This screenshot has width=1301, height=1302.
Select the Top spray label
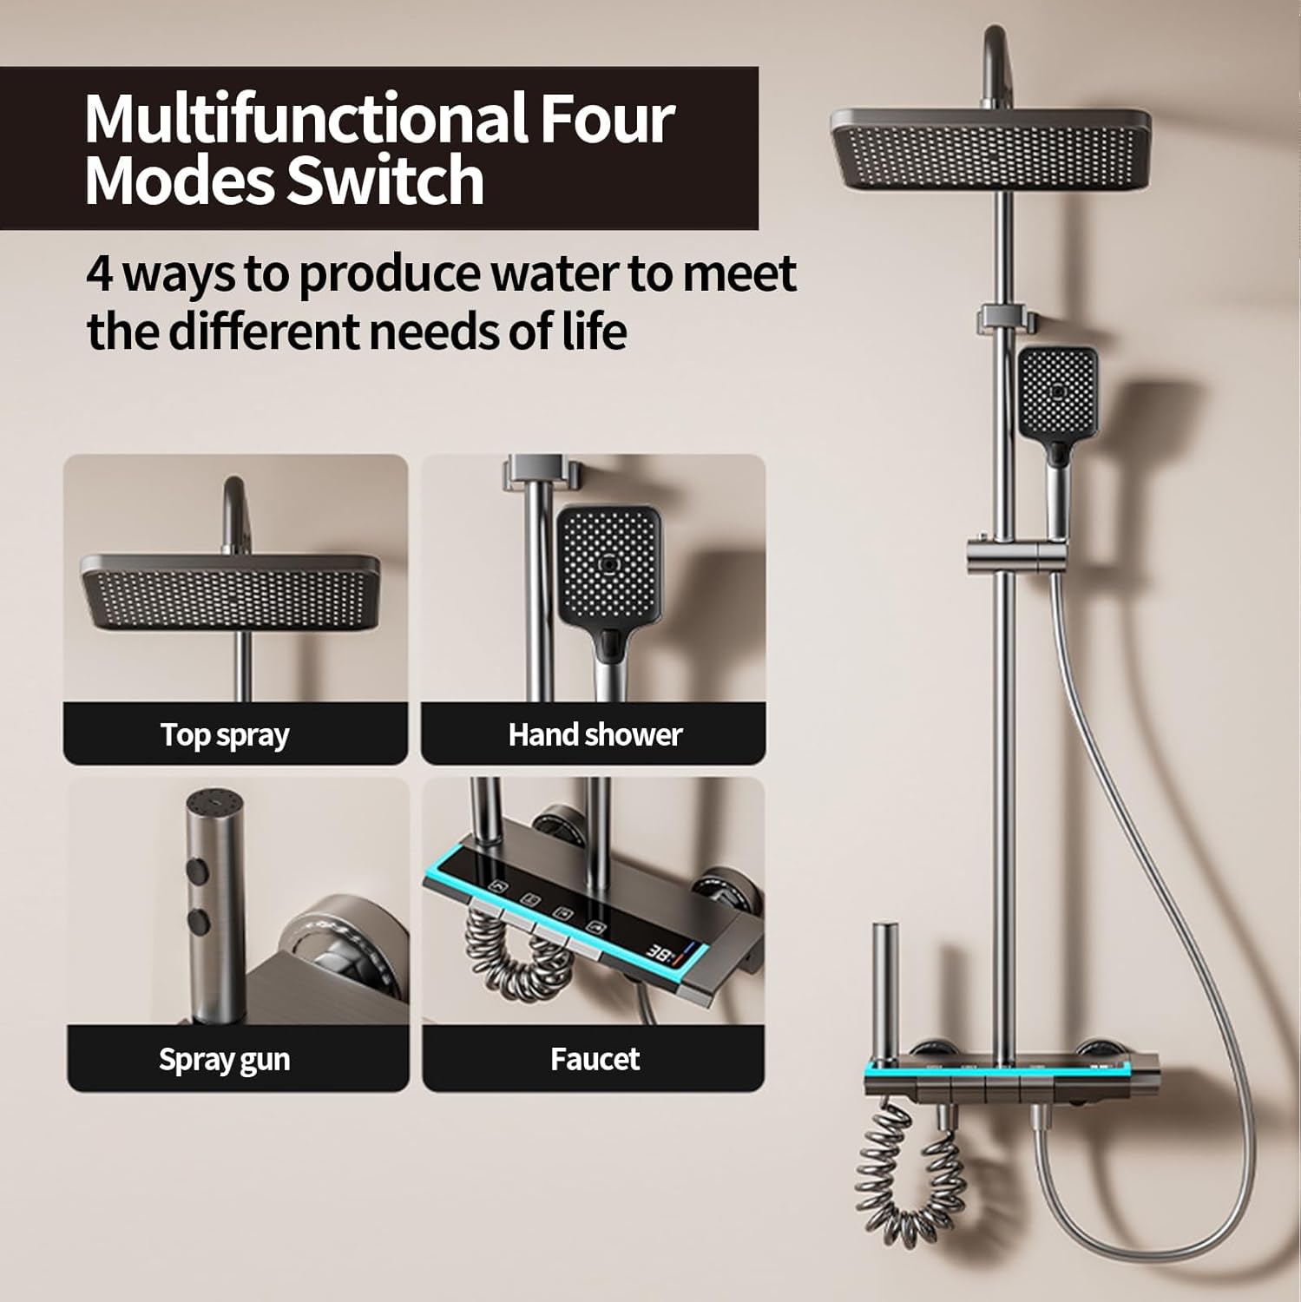click(x=225, y=735)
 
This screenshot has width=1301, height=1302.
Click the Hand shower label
click(x=595, y=735)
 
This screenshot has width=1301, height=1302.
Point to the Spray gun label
click(x=224, y=1060)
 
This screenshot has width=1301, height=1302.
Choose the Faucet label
click(x=595, y=1059)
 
